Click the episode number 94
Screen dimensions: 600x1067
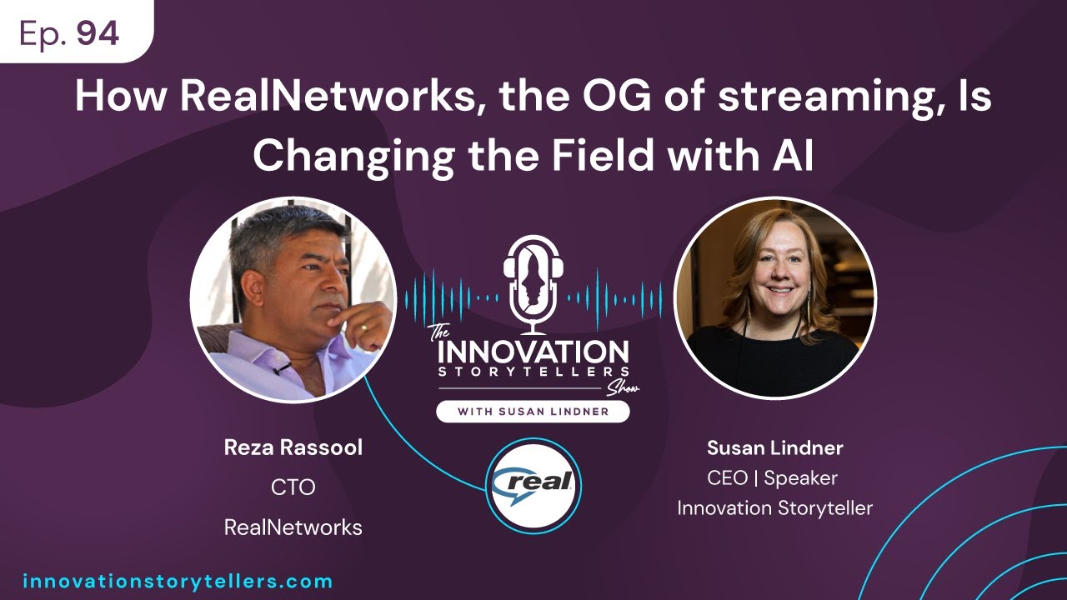pyautogui.click(x=98, y=33)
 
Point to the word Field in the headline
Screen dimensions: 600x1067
pyautogui.click(x=618, y=156)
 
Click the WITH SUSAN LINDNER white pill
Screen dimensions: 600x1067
pyautogui.click(x=533, y=411)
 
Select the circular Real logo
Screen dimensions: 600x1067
pyautogui.click(x=533, y=484)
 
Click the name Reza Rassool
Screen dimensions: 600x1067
pyautogui.click(x=293, y=448)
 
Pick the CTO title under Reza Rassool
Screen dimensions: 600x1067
pyautogui.click(x=293, y=487)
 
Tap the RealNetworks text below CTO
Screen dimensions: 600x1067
pyautogui.click(x=293, y=527)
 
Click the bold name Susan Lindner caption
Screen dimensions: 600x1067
pyautogui.click(x=774, y=448)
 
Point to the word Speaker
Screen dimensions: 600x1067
pyautogui.click(x=800, y=478)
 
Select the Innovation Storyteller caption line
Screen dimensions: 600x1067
pyautogui.click(x=774, y=507)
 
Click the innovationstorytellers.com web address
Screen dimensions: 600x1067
pyautogui.click(x=177, y=582)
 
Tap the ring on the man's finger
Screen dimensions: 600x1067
pyautogui.click(x=363, y=327)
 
